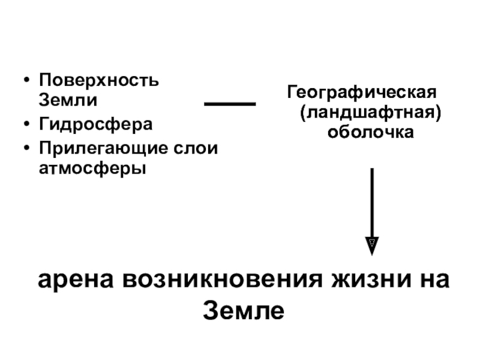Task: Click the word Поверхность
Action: [99, 80]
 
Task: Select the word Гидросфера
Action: [95, 125]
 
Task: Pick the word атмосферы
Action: [92, 169]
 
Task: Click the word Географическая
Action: [362, 94]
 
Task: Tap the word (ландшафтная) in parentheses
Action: [372, 113]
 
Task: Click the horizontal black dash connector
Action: [230, 104]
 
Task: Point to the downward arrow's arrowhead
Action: [372, 245]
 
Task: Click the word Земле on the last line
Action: [242, 310]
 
